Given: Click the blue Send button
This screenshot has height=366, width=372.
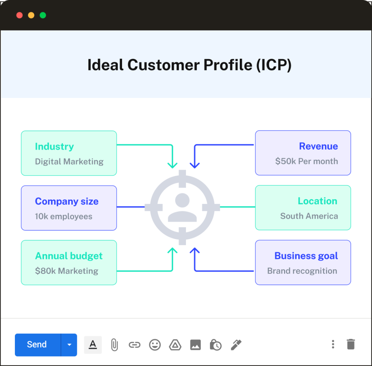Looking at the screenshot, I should pos(37,345).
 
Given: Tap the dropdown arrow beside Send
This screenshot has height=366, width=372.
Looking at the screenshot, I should pos(69,345).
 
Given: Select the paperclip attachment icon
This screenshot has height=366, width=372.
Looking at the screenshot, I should pos(114,345).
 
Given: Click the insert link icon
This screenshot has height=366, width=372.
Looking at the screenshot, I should pos(134,345).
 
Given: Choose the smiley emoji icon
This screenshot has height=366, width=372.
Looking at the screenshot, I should pos(155,345).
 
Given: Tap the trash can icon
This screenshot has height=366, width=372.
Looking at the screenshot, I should pos(351,344).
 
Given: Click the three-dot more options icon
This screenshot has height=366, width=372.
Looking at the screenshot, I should pos(333,344).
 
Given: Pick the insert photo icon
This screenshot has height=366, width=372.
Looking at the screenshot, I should pos(195,345).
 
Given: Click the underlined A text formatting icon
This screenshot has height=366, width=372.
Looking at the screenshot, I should pos(93,345).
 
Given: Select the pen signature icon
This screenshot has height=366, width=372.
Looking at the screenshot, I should pos(236,345).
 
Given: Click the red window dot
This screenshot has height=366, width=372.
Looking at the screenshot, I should pos(20,15).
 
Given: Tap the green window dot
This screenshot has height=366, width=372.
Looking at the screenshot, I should pos(43,15).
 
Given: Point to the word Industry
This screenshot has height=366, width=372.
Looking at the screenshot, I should pos(54,147).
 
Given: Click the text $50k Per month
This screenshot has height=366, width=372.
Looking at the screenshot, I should pos(306,161).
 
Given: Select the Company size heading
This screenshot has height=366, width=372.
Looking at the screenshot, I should pos(66,201).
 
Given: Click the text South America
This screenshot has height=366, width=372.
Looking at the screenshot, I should pos(309,216).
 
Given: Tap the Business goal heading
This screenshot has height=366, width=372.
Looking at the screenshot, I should pos(306,256).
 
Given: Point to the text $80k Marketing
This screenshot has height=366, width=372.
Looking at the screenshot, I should pos(66,271).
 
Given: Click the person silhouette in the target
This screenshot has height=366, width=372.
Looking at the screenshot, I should pos(182,207).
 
